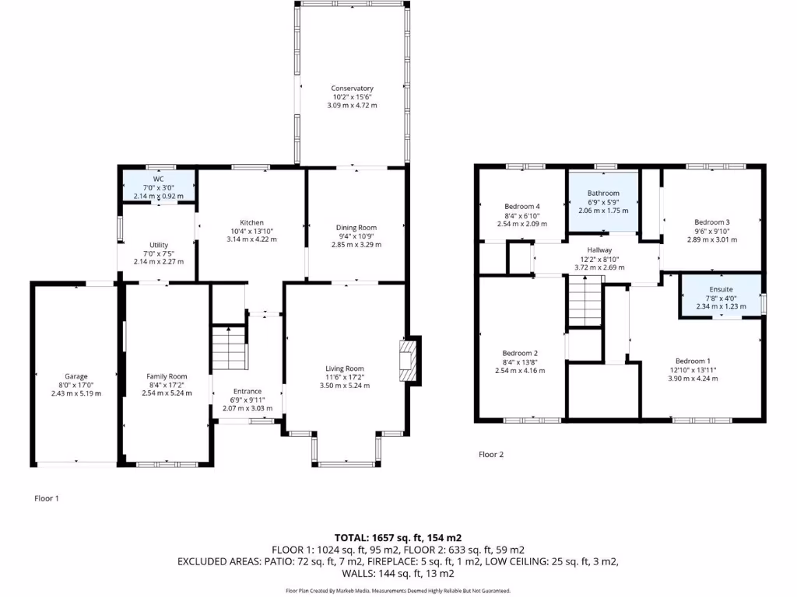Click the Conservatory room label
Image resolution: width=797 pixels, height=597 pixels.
pyautogui.click(x=352, y=89)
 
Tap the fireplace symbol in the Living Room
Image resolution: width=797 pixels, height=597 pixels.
pyautogui.click(x=408, y=361)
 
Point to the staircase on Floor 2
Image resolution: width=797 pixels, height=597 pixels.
pyautogui.click(x=584, y=302)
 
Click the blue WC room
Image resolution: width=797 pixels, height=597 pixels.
pyautogui.click(x=158, y=187)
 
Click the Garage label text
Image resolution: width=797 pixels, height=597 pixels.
pyautogui.click(x=75, y=376)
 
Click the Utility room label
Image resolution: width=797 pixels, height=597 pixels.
pyautogui.click(x=158, y=245)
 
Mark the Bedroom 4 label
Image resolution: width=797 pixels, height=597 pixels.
pyautogui.click(x=521, y=206)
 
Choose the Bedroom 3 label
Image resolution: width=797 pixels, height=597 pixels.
pyautogui.click(x=711, y=222)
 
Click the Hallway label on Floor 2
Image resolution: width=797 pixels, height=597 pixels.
pyautogui.click(x=599, y=250)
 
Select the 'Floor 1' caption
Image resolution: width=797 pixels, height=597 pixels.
pyautogui.click(x=47, y=498)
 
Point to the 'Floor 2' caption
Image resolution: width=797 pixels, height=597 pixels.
pyautogui.click(x=491, y=455)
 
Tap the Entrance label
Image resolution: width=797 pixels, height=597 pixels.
pyautogui.click(x=247, y=391)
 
